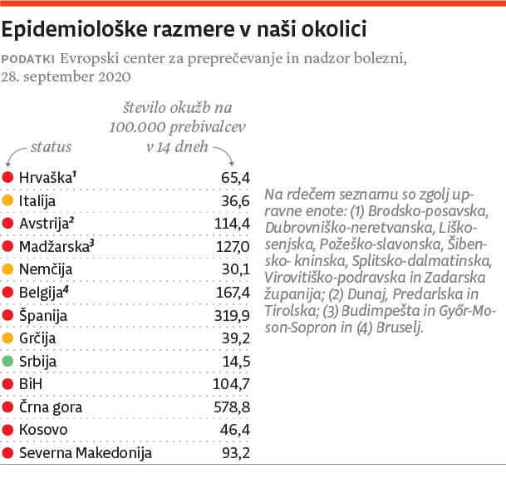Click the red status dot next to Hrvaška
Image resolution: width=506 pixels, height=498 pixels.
point(8,177)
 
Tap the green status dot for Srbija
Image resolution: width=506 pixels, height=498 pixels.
point(8,362)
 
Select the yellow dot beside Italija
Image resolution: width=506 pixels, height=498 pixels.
point(8,200)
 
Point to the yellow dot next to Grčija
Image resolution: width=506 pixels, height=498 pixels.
point(8,338)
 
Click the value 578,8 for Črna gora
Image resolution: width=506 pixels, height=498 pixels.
point(233,407)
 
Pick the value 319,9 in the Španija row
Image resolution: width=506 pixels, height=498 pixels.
point(233,315)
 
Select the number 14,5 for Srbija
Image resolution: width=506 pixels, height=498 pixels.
point(236,362)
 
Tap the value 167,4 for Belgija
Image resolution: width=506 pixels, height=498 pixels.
point(233,293)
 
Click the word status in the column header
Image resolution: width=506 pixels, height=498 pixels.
point(52,148)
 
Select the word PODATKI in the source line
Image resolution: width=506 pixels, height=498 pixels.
point(29,59)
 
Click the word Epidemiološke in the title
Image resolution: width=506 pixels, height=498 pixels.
point(72,30)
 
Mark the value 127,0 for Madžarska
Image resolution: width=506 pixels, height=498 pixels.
point(233,246)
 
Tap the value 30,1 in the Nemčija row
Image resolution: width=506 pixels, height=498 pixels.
point(236,269)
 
